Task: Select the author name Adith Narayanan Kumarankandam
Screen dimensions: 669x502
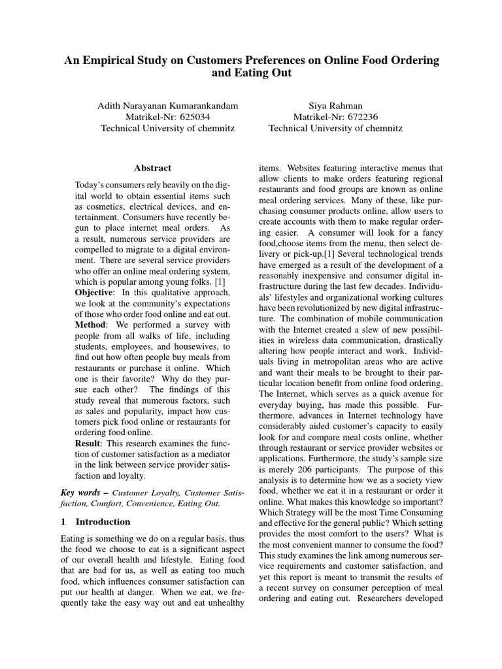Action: [x=167, y=105]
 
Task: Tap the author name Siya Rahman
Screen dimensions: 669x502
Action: [x=335, y=105]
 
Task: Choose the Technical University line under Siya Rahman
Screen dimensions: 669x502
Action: [x=335, y=128]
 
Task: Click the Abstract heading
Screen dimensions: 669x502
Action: [x=152, y=168]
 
